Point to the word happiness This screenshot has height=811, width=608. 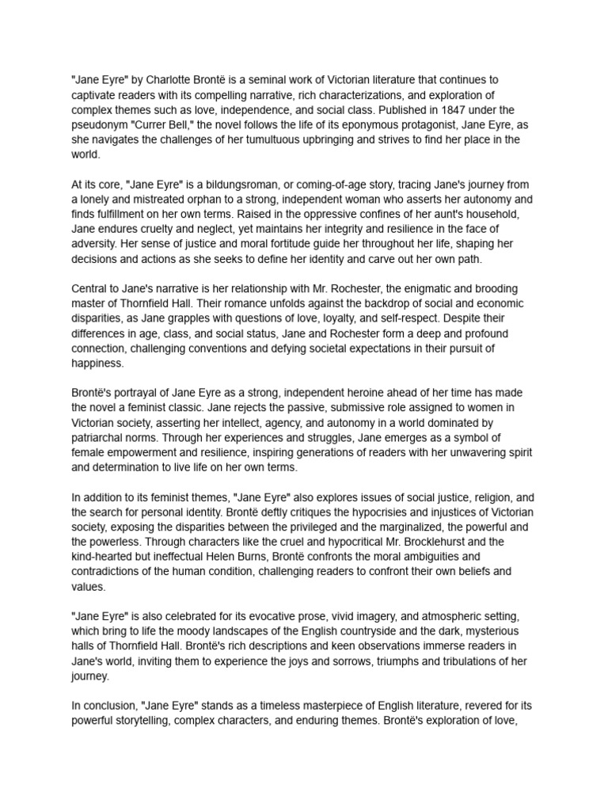(x=98, y=364)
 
